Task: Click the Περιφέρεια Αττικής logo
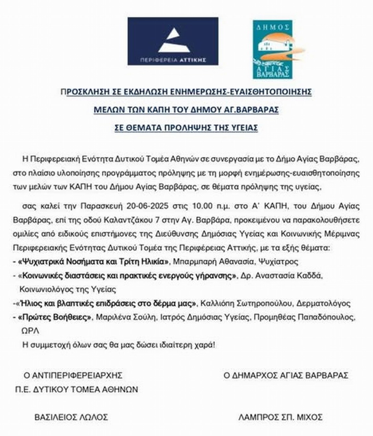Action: click(x=173, y=41)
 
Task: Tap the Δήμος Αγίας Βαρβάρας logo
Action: click(x=273, y=49)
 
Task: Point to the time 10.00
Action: click(x=202, y=206)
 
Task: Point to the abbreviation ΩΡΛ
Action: click(x=30, y=331)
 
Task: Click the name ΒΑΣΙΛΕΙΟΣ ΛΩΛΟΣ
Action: click(x=71, y=417)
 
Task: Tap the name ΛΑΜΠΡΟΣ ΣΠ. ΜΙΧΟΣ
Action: click(x=280, y=417)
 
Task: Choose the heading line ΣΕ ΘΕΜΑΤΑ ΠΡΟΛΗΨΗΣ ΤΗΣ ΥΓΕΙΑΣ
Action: click(x=186, y=128)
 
